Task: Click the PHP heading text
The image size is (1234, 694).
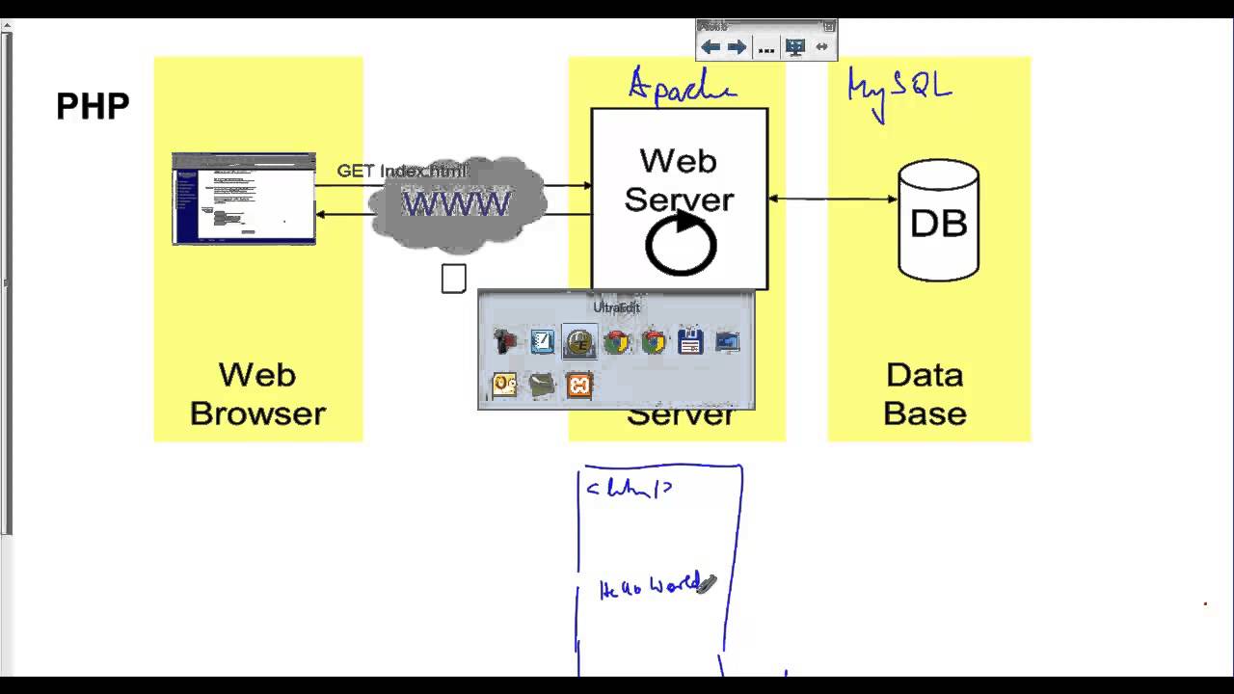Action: click(93, 106)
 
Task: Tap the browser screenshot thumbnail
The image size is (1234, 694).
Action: click(244, 199)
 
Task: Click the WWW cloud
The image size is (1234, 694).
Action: click(456, 204)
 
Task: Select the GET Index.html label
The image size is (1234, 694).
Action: click(401, 172)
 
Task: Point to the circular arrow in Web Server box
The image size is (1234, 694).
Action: click(681, 245)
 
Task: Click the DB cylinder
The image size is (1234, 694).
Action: click(938, 221)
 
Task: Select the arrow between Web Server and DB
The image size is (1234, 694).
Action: click(833, 200)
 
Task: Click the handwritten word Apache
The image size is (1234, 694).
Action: click(682, 86)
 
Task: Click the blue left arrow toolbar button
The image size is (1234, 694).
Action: click(711, 47)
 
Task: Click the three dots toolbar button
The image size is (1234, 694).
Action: click(766, 47)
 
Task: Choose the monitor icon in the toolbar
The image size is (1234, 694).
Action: click(795, 47)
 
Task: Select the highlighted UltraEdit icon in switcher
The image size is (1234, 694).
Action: click(579, 342)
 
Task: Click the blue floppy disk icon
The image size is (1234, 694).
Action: click(690, 342)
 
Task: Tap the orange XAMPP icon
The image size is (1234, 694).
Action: click(579, 386)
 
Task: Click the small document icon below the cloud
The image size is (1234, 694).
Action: click(454, 279)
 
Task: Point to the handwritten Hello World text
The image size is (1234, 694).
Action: click(650, 586)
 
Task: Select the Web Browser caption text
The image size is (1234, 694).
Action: click(257, 393)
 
